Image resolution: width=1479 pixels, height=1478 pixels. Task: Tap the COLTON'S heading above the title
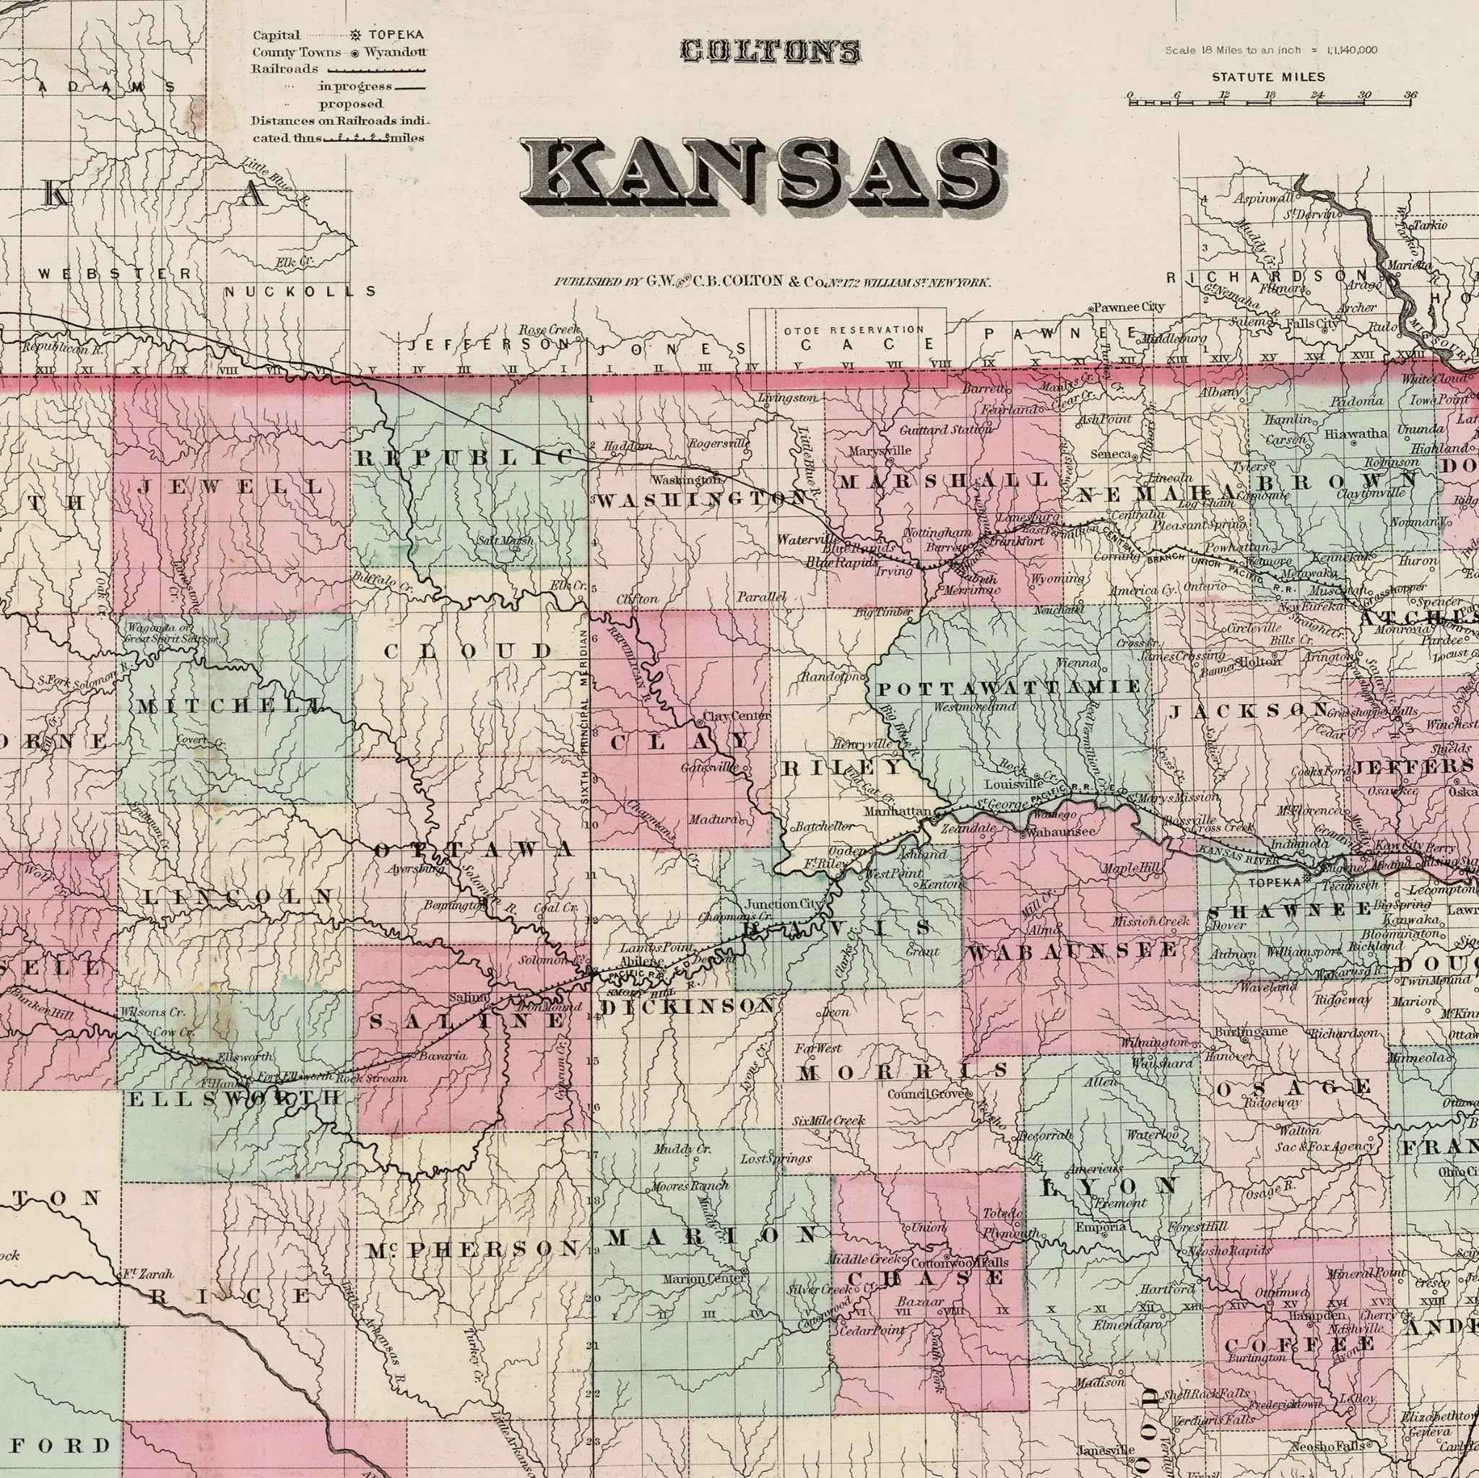(770, 52)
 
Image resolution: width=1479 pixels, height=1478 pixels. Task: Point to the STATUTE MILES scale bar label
(1267, 77)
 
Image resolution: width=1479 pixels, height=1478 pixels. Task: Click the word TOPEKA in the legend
(396, 35)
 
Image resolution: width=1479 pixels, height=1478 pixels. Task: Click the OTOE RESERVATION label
(854, 330)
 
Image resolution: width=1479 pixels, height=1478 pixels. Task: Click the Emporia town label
(1100, 1227)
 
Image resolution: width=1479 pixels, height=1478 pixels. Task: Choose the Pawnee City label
(1129, 307)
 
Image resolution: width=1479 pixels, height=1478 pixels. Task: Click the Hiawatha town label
(1355, 433)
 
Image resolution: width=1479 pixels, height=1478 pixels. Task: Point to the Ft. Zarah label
(148, 1274)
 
